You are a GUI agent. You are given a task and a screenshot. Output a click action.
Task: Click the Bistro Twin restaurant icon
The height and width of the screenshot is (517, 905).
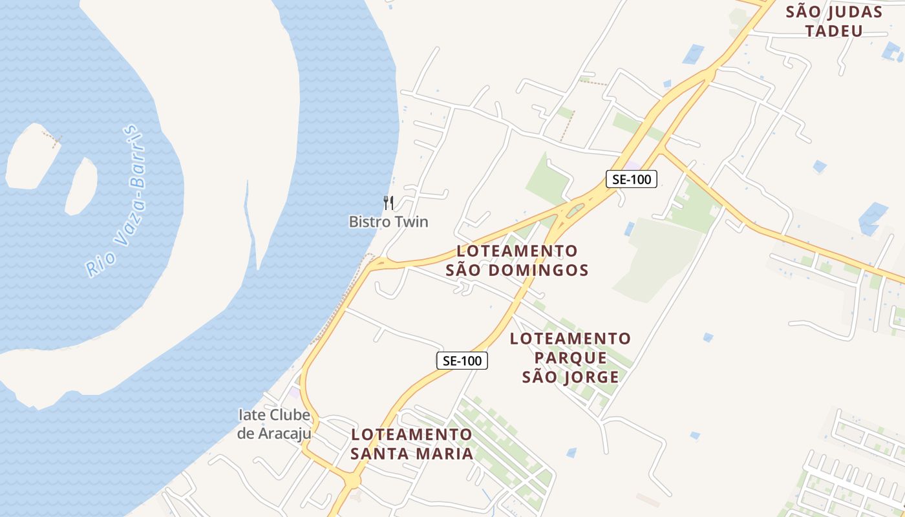388,202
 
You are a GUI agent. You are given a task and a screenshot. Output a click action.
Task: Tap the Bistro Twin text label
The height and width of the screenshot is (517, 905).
389,222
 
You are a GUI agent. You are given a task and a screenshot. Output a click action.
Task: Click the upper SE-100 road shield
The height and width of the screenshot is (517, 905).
631,179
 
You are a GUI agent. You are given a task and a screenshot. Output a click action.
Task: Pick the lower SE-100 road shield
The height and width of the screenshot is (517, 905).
462,361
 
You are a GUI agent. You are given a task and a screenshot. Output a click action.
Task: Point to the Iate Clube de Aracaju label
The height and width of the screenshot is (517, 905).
274,424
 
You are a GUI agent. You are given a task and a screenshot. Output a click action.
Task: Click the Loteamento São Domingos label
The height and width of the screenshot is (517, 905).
517,260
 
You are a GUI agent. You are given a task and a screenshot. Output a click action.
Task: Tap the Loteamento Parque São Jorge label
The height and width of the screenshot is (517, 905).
570,357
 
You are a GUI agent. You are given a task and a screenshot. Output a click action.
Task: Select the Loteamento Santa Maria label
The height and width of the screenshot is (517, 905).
412,443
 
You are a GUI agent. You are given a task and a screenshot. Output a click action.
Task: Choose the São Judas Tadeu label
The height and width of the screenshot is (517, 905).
834,21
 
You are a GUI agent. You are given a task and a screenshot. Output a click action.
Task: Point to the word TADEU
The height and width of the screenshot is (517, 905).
834,30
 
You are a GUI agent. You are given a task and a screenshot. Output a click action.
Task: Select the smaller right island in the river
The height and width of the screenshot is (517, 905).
81,185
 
